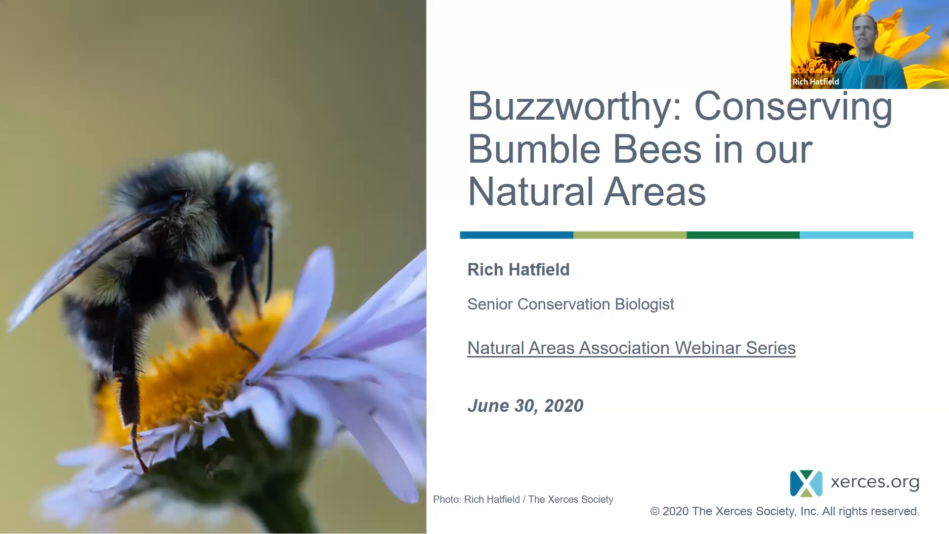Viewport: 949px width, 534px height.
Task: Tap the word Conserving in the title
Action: click(793, 106)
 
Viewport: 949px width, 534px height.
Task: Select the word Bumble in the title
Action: click(534, 149)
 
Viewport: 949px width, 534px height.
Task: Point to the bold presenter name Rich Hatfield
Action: click(518, 269)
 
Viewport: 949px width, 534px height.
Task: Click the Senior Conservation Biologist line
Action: click(571, 304)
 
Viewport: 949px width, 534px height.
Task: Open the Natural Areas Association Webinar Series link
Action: click(631, 348)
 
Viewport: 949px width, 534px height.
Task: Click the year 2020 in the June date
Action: click(564, 406)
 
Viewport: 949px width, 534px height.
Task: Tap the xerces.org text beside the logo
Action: click(875, 482)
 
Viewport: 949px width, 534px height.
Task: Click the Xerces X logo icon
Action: click(806, 483)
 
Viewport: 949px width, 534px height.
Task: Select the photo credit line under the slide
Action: click(523, 499)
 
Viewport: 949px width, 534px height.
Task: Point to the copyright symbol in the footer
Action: click(655, 512)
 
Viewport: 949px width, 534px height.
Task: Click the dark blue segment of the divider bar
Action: click(517, 235)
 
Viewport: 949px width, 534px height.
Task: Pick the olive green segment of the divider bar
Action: click(630, 235)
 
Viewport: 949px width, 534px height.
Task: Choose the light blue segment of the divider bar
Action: click(857, 235)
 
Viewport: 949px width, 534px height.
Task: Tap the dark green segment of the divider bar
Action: click(743, 235)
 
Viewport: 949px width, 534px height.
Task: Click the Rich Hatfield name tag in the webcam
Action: click(816, 82)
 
